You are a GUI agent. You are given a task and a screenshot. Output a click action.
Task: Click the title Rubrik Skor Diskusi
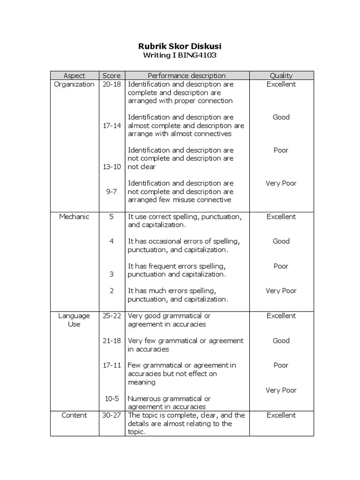tap(180, 46)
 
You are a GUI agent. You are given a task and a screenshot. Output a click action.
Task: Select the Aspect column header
tap(74, 75)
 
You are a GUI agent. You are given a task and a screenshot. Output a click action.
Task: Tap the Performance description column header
tap(187, 75)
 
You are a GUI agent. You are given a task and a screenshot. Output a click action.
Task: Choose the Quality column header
tap(281, 75)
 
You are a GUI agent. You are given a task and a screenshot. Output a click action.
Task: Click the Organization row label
tap(74, 84)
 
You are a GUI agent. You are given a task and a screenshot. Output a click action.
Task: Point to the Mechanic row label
tap(74, 217)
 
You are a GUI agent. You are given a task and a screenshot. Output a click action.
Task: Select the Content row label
tap(74, 415)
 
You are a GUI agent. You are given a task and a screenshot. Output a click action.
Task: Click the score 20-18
tap(112, 84)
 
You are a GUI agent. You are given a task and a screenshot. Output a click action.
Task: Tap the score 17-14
tap(112, 126)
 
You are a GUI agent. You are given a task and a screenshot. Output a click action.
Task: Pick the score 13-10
tap(112, 167)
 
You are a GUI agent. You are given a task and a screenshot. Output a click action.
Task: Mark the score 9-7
tap(112, 192)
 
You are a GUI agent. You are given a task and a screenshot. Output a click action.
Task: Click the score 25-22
tap(112, 316)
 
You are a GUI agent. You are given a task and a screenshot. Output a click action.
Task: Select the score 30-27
tap(112, 415)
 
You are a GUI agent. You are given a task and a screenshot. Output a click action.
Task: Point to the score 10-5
tap(112, 398)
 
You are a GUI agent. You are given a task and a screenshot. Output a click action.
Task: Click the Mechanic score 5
tap(112, 217)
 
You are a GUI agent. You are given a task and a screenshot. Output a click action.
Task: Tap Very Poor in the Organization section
tap(281, 183)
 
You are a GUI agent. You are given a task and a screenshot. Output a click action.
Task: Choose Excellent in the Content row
tap(281, 415)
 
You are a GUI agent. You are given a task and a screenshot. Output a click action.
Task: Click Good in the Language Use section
tap(281, 341)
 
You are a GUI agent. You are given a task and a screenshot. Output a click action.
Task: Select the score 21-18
tap(112, 341)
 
